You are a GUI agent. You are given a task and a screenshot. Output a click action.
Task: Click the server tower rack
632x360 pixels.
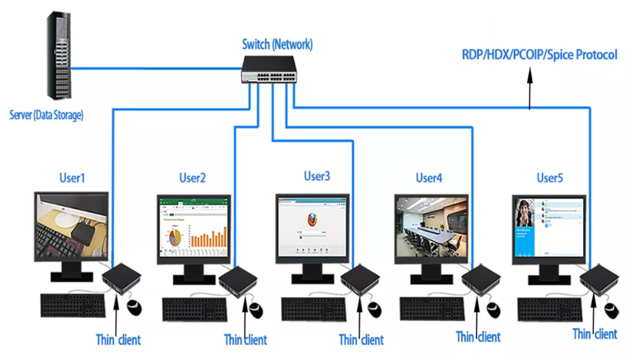(59, 56)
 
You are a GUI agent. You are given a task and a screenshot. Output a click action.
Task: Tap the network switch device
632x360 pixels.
(268, 68)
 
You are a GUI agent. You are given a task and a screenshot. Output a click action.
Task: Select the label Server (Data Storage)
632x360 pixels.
(46, 115)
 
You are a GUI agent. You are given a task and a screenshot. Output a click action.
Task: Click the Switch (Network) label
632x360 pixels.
(278, 44)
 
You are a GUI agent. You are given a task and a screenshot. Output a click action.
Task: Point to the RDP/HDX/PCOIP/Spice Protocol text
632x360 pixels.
(539, 55)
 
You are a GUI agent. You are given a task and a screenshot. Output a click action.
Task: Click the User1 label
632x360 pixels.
(72, 178)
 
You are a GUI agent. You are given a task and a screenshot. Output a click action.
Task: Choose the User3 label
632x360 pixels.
(317, 176)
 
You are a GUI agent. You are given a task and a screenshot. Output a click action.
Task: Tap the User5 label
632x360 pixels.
(550, 178)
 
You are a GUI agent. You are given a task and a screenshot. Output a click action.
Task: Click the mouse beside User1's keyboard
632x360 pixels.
(134, 308)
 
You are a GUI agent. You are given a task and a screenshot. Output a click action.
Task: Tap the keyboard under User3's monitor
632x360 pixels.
(313, 308)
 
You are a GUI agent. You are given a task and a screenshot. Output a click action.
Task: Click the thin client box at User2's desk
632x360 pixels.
(239, 281)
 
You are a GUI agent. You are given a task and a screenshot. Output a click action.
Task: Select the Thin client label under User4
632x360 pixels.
(478, 336)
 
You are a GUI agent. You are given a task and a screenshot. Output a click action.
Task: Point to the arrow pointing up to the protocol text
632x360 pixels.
(530, 85)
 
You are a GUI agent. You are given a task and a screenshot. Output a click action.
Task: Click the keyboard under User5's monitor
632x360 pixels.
(550, 309)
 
